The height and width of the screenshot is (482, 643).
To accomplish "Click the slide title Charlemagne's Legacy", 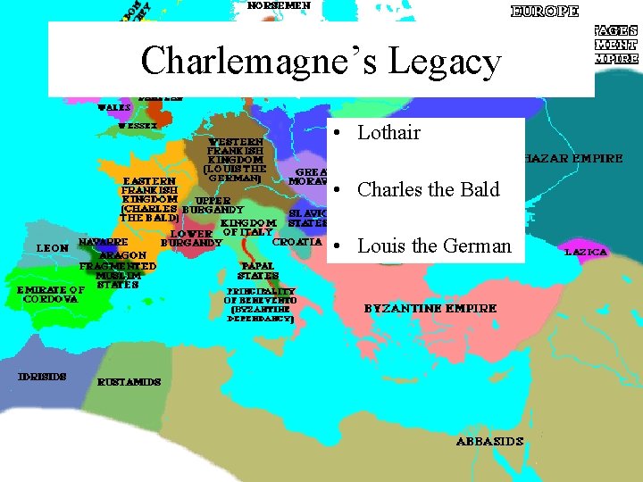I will click(321, 62).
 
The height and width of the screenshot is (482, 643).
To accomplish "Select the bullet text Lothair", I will click(388, 133).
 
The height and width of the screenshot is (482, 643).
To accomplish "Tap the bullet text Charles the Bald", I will click(428, 189).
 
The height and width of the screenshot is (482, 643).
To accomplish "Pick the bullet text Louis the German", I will click(434, 245).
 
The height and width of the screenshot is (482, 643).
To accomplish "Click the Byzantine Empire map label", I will click(430, 309).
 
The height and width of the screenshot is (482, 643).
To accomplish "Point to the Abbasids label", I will click(489, 441).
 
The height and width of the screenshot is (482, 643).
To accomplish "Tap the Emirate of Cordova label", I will click(51, 294).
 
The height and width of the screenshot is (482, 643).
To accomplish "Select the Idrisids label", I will click(43, 377).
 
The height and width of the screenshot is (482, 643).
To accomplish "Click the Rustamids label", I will click(130, 382).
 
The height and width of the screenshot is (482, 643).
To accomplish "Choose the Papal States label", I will click(258, 270).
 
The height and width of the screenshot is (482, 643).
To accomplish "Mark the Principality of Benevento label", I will click(260, 304).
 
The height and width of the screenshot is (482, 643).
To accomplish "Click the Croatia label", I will click(296, 242).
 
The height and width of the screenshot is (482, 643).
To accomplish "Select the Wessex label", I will click(138, 126).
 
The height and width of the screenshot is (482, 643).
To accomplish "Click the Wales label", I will click(114, 107).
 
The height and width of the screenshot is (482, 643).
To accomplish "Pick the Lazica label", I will click(586, 253).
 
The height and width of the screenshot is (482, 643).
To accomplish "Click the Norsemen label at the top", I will click(280, 5).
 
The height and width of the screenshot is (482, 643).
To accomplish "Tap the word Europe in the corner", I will click(545, 12).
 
